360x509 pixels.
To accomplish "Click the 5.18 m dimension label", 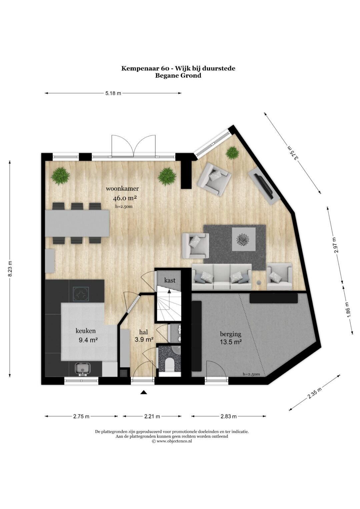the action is (113, 93).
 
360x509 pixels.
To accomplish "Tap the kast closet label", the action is (170, 280).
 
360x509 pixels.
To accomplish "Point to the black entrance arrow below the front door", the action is (143, 392).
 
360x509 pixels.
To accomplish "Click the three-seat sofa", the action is (222, 277).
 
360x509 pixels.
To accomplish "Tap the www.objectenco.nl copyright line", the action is (172, 441).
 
